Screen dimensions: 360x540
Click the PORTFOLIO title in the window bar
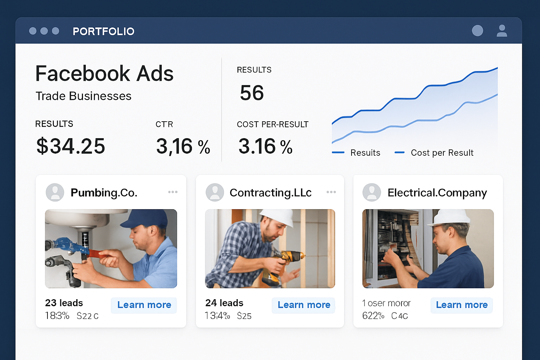click(103, 31)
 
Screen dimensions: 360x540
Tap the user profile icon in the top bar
click(502, 31)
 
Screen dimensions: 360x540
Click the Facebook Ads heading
click(104, 73)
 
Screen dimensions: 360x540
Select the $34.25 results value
click(71, 146)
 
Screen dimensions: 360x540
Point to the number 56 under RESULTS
click(252, 93)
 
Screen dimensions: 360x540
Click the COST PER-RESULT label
click(272, 124)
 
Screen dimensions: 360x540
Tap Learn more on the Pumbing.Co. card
click(144, 305)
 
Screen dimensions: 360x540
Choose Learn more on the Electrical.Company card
click(462, 305)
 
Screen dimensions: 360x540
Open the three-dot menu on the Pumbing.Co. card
click(173, 192)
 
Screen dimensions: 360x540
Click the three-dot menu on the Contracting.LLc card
click(331, 192)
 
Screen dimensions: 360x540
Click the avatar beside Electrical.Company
click(372, 192)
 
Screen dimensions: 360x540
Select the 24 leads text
click(224, 303)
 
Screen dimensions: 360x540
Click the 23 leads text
click(64, 303)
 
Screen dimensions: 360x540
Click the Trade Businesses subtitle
click(84, 96)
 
